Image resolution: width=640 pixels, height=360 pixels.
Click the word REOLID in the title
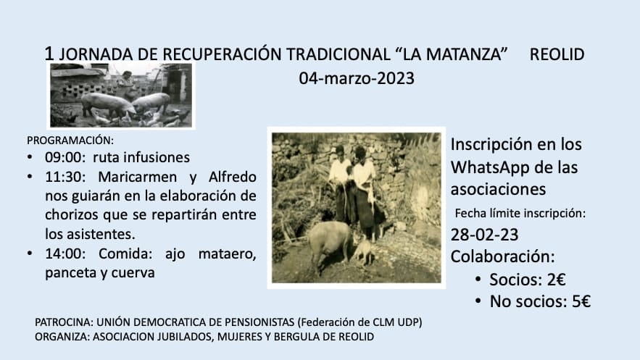pos(557,54)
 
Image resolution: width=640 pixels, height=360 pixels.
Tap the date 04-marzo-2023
pos(357,78)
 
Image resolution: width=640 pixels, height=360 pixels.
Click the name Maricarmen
pos(138,177)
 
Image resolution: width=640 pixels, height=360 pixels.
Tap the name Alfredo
pos(232,177)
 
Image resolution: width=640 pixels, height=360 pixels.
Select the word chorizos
pos(72,214)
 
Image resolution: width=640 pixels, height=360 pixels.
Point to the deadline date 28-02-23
pos(484,235)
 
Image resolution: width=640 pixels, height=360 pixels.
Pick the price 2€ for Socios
pos(557,280)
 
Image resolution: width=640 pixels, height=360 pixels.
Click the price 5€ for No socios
pos(581,302)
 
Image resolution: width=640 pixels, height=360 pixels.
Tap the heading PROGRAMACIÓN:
pos(70,141)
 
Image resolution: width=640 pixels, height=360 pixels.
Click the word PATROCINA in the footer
pos(64,322)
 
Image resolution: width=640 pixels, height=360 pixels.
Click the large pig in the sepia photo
pos(330,243)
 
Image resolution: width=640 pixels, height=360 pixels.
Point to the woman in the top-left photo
pos(127,85)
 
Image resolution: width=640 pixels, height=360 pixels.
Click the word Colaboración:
pos(503,256)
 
